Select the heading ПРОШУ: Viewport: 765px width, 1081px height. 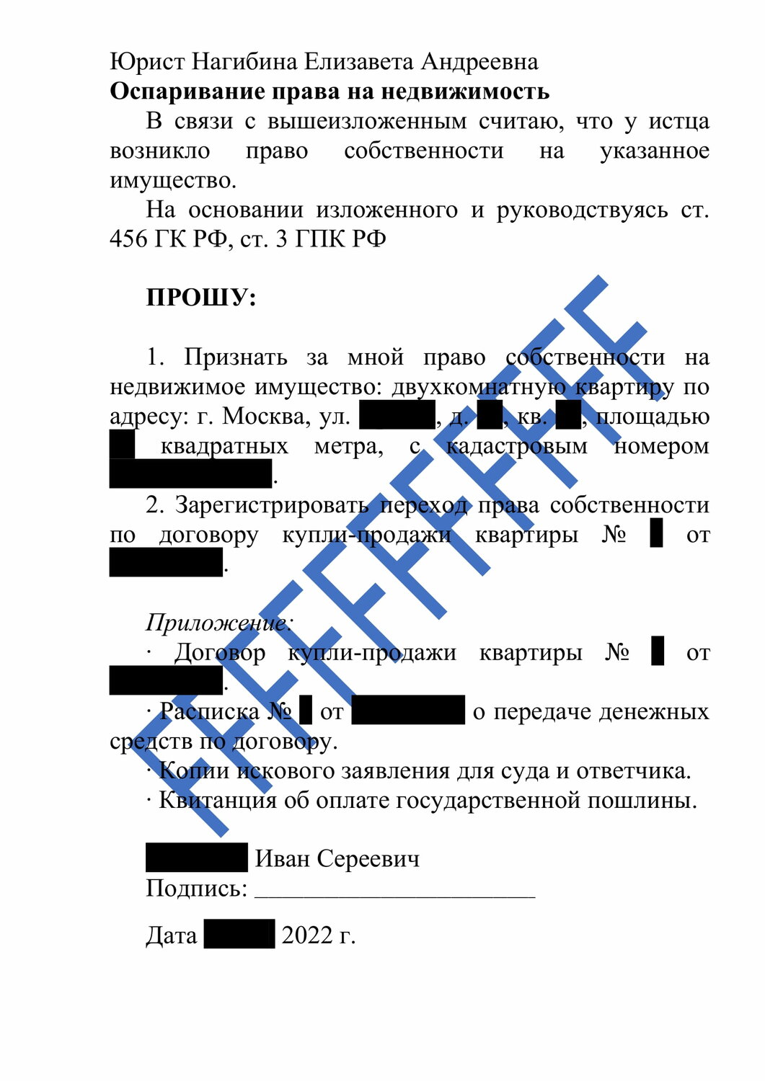pos(201,297)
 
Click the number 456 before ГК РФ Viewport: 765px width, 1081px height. pos(128,239)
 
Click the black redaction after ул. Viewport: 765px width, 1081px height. pos(397,416)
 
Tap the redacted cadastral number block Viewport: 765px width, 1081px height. pos(190,473)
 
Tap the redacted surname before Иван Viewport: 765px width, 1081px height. pos(196,858)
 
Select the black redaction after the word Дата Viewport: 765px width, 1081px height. pos(239,934)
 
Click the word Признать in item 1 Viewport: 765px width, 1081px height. pos(235,357)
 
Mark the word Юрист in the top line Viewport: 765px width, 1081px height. pos(147,62)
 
